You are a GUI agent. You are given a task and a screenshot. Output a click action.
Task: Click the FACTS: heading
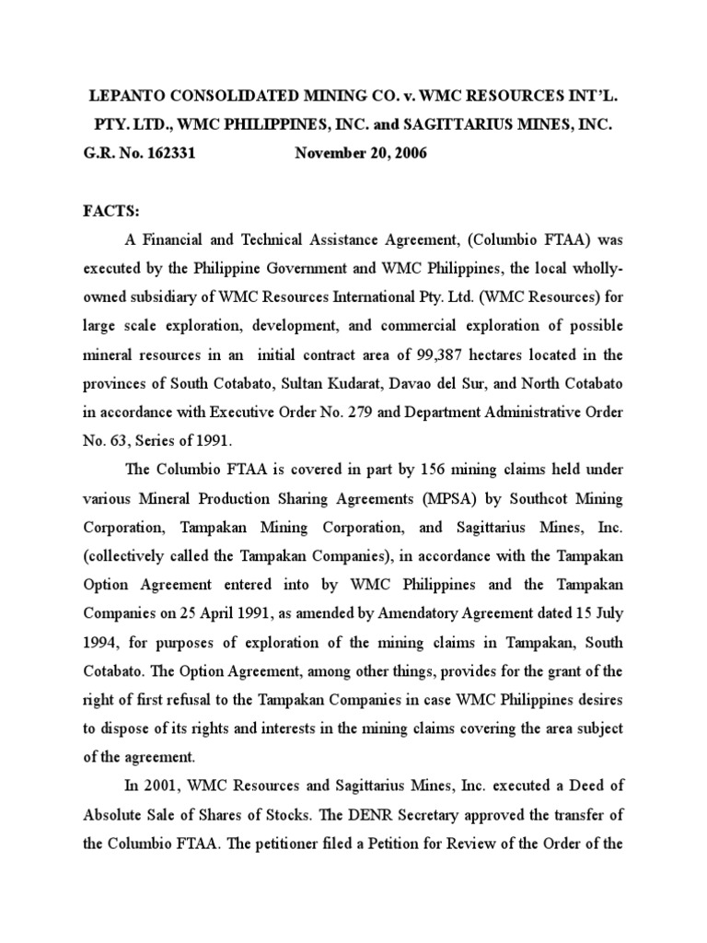point(111,212)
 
